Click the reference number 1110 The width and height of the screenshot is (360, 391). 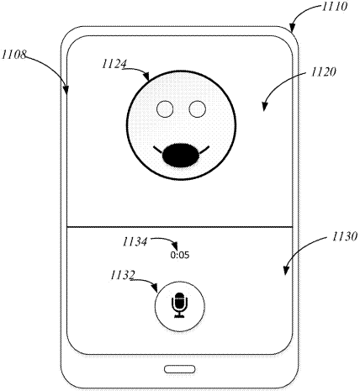coord(335,6)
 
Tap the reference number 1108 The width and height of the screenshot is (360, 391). coord(14,55)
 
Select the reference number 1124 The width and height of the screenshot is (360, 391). coord(114,64)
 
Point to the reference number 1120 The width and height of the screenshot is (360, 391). coord(323,72)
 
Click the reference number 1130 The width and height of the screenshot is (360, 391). coord(345,236)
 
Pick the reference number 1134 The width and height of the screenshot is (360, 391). coord(135,241)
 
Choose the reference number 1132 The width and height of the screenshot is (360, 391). coord(123,275)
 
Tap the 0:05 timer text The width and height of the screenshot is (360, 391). coord(180,255)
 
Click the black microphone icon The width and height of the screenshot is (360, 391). coord(180,305)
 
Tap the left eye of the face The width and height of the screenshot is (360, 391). coord(165,109)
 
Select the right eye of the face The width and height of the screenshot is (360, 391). coord(198,109)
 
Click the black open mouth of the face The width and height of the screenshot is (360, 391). coord(181,156)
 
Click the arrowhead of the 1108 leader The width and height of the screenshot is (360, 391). coord(66,91)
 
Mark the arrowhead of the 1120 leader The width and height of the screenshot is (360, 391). coord(264,108)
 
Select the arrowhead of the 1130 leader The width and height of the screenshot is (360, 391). coord(285,272)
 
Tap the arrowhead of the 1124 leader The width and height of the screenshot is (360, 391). coord(147,77)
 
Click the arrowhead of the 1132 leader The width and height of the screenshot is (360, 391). coord(155,288)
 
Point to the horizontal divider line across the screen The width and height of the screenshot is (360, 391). coord(180,226)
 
